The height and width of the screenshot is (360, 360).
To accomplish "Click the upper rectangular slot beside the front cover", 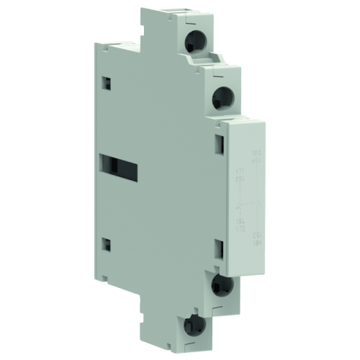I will (220, 145).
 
